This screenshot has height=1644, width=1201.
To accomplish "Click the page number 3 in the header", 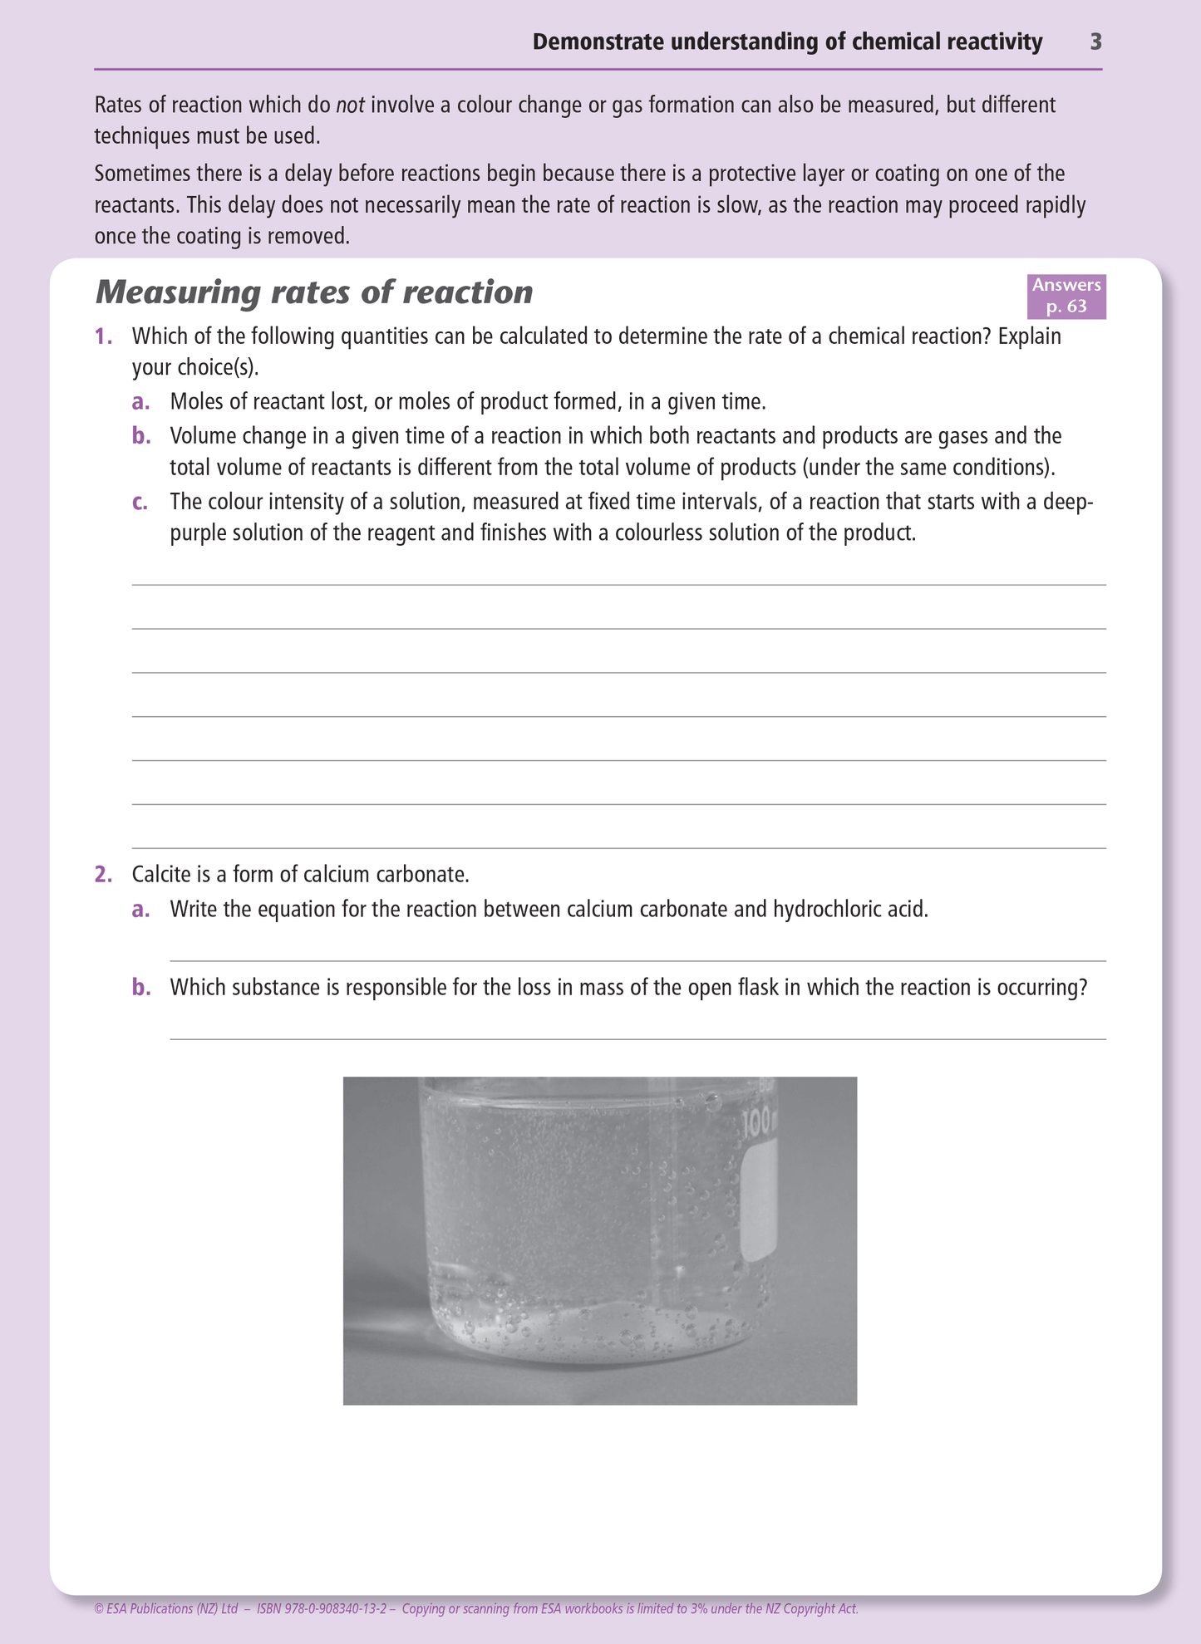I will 1095,42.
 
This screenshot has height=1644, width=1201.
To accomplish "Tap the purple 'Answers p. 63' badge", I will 1066,296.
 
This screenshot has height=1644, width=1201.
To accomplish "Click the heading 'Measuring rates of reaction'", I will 314,292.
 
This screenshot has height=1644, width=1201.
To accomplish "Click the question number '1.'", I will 103,336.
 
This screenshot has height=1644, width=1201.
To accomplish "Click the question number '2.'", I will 103,874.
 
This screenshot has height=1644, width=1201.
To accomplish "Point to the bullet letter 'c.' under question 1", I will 140,502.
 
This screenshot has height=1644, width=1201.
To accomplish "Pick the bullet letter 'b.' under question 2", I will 141,988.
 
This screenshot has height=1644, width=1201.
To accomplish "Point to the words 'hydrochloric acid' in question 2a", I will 849,910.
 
